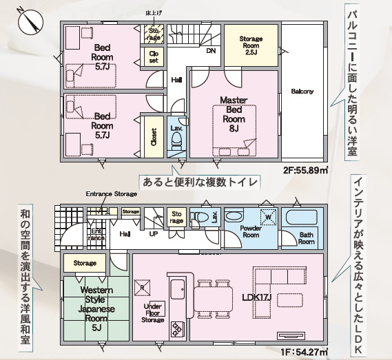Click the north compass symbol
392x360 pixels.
pos(28,20)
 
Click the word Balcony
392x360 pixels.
pos(302,92)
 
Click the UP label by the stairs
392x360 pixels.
pos(155,234)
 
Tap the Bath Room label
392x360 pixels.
pos(307,238)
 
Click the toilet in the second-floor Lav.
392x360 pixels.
pos(176,140)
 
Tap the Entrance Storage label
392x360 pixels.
pos(111,194)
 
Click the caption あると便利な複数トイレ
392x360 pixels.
pos(199,182)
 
